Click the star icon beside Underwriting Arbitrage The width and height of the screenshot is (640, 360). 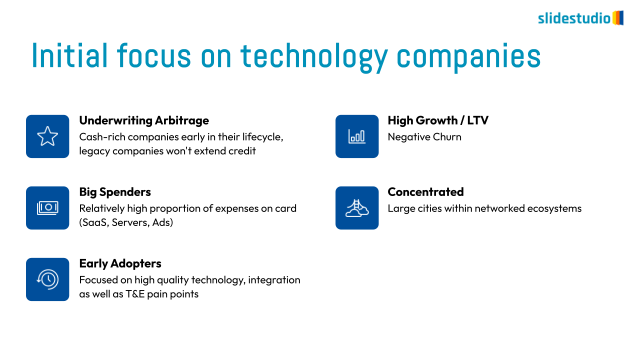[x=47, y=136]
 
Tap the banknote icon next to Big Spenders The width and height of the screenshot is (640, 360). [x=47, y=207]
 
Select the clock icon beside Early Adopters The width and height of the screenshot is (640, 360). [x=47, y=279]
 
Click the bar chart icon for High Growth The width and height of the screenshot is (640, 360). [x=357, y=136]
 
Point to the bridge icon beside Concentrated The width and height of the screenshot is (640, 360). [x=357, y=208]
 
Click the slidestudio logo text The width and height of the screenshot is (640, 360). [x=574, y=18]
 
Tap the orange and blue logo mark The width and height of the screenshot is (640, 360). [x=617, y=18]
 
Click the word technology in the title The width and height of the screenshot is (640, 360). [x=314, y=56]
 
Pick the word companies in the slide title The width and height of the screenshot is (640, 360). [x=468, y=57]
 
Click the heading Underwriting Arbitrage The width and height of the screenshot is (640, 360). [x=144, y=120]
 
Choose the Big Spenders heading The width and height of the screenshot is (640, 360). [x=115, y=192]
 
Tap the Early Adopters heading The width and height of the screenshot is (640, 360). [x=120, y=263]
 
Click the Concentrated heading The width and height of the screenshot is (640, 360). [x=425, y=191]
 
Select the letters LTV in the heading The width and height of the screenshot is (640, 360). [x=477, y=120]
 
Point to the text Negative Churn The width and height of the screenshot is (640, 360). [x=424, y=137]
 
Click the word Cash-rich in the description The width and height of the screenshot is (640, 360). [x=102, y=137]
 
